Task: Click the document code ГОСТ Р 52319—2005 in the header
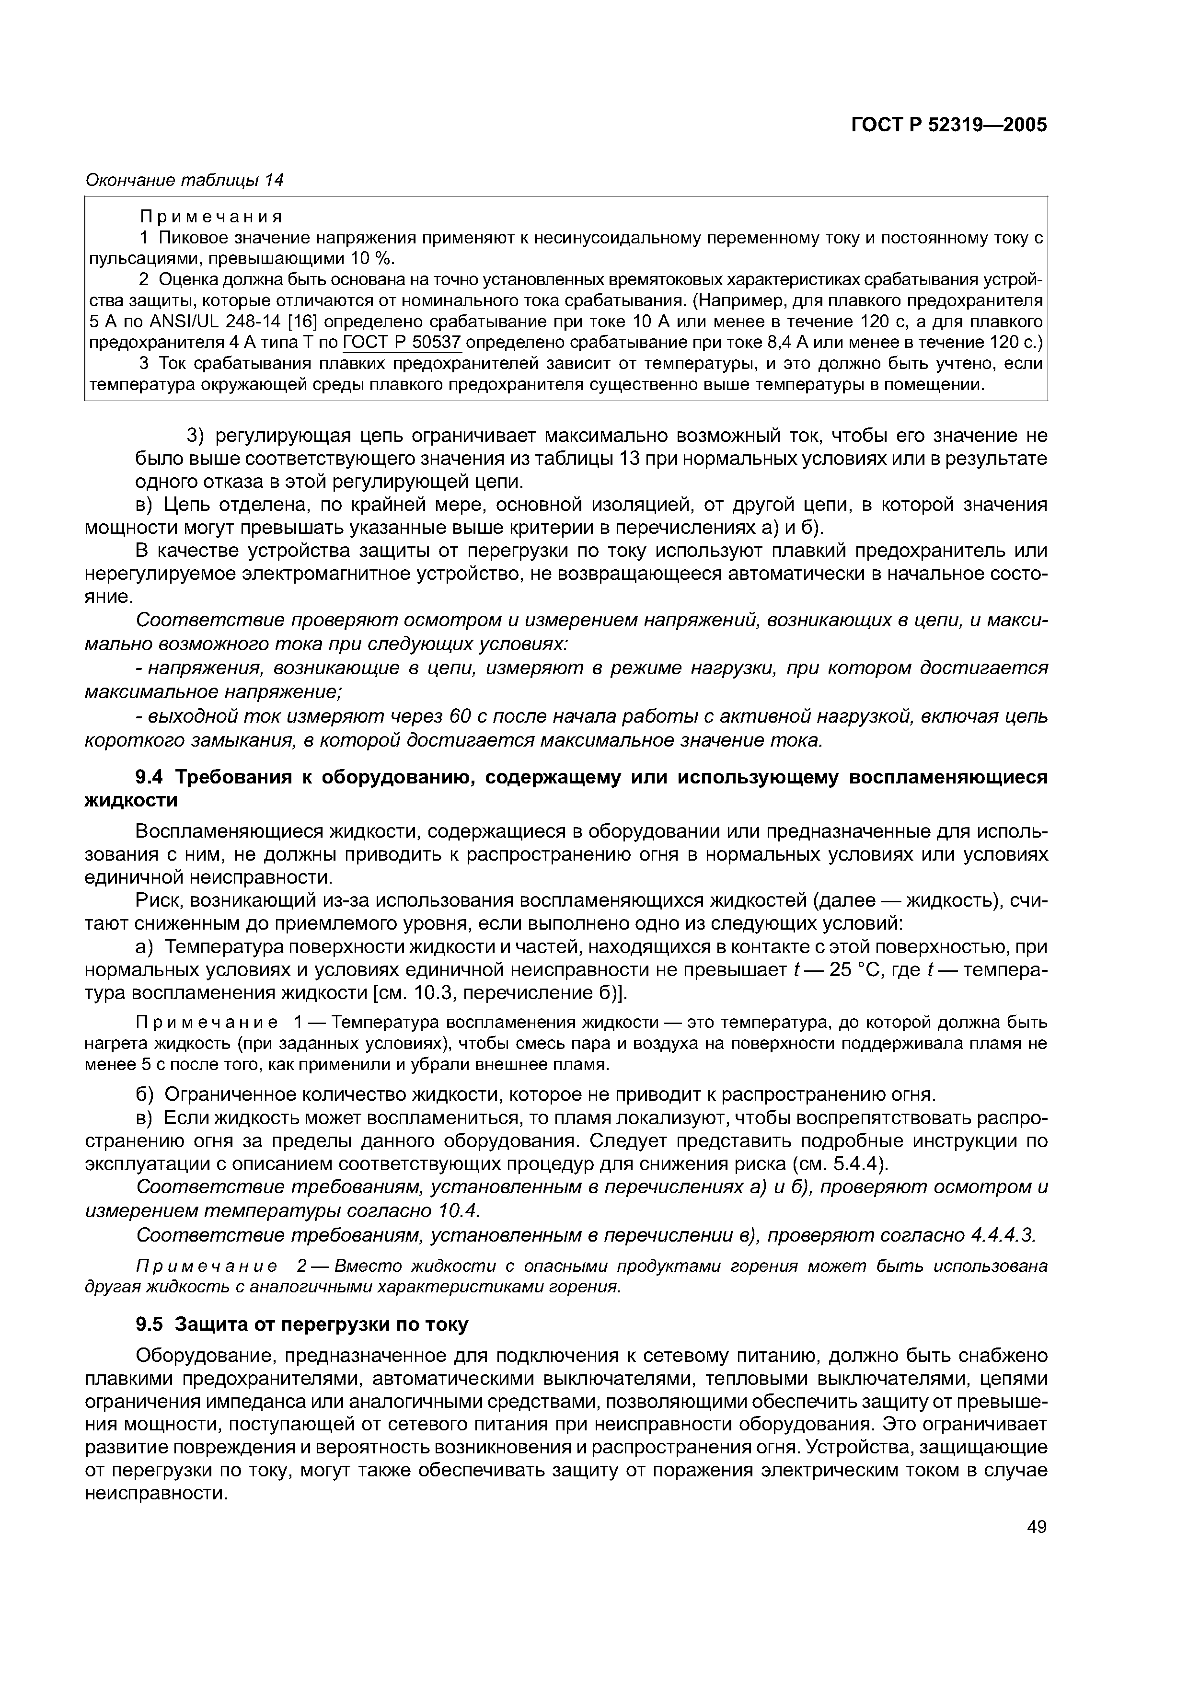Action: click(x=949, y=125)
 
